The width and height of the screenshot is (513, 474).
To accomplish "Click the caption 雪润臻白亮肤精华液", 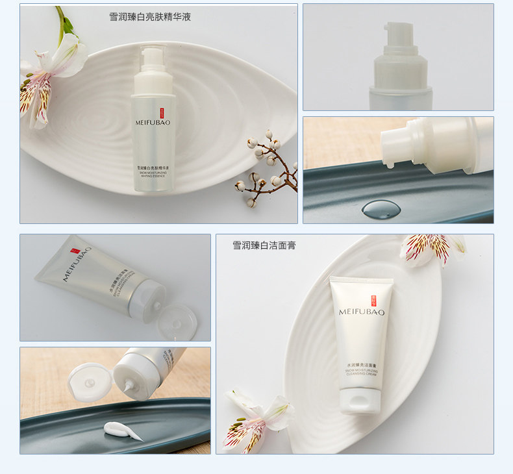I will tap(150, 17).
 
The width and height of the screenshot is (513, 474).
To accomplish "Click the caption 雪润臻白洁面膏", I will tap(264, 245).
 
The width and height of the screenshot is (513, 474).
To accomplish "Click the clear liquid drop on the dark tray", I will tap(381, 208).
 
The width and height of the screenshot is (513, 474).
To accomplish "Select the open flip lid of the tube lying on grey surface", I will tap(177, 322).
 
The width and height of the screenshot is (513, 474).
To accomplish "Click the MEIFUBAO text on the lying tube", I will tap(77, 264).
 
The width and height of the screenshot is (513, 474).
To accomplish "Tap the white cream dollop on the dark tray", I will tap(122, 430).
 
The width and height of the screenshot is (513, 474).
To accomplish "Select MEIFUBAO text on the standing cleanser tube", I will tap(361, 312).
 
